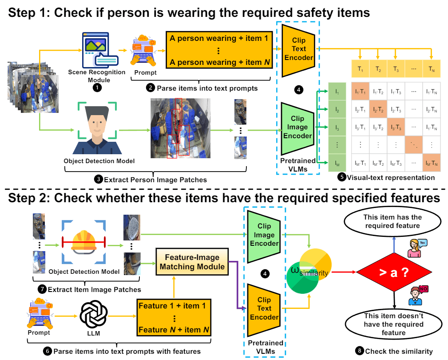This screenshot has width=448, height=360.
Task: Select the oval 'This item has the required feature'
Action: pos(393,221)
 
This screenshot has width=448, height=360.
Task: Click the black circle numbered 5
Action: pos(341,178)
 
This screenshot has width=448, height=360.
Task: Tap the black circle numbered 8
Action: pos(359,351)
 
